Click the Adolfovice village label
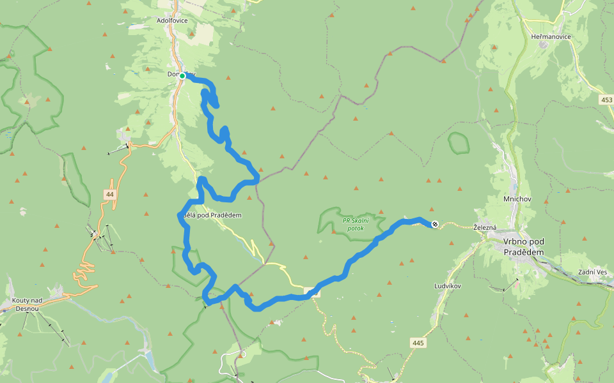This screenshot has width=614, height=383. (x=172, y=20)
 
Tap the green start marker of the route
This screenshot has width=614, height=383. (x=182, y=76)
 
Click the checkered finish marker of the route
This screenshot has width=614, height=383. (x=435, y=224)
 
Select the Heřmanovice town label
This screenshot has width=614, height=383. (x=551, y=36)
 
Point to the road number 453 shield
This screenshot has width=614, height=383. (x=606, y=100)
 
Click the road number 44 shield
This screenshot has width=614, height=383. (x=110, y=194)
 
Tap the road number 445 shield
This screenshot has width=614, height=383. (x=418, y=343)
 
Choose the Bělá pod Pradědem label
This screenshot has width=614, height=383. (x=212, y=215)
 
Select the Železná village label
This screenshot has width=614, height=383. (x=485, y=227)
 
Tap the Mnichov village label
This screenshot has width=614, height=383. (x=514, y=199)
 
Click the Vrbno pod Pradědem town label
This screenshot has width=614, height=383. (x=523, y=246)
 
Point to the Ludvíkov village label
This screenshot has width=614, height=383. (x=448, y=285)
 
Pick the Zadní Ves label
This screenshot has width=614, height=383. (x=592, y=272)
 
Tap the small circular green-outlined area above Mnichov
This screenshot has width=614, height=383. (x=459, y=143)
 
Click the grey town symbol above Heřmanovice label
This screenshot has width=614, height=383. (x=544, y=45)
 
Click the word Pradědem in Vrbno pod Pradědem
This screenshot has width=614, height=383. (x=523, y=252)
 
